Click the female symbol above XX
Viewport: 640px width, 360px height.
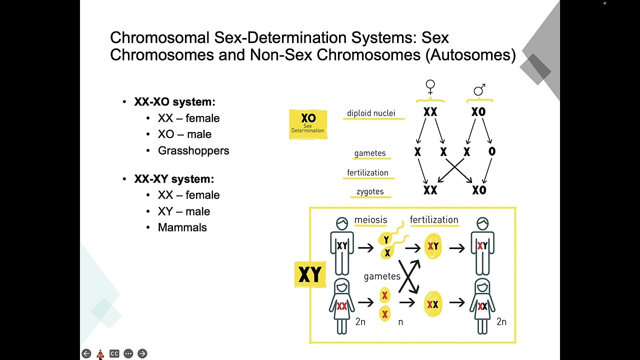point(430,87)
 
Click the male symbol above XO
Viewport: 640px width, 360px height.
point(479,90)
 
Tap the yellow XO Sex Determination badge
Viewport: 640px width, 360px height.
point(308,124)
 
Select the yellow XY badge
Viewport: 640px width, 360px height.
point(310,274)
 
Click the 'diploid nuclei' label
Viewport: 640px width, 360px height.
point(371,113)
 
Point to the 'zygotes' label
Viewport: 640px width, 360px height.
point(370,191)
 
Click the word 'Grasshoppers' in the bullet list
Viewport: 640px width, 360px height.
point(193,150)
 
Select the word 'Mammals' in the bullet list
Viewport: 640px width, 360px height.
point(182,227)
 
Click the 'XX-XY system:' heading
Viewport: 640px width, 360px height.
point(174,179)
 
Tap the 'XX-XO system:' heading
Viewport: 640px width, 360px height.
point(174,102)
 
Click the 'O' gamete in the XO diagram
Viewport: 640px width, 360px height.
point(492,151)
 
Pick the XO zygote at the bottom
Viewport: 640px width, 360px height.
point(478,190)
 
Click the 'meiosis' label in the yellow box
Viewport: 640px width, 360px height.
point(370,220)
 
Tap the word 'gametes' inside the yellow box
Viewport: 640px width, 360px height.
point(382,276)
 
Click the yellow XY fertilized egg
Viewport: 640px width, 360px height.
point(432,246)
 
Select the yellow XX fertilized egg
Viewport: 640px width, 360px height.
point(432,304)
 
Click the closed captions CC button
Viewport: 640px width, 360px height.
point(114,353)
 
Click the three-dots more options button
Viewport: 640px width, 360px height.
point(128,353)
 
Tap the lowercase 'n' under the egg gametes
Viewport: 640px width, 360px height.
point(400,322)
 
